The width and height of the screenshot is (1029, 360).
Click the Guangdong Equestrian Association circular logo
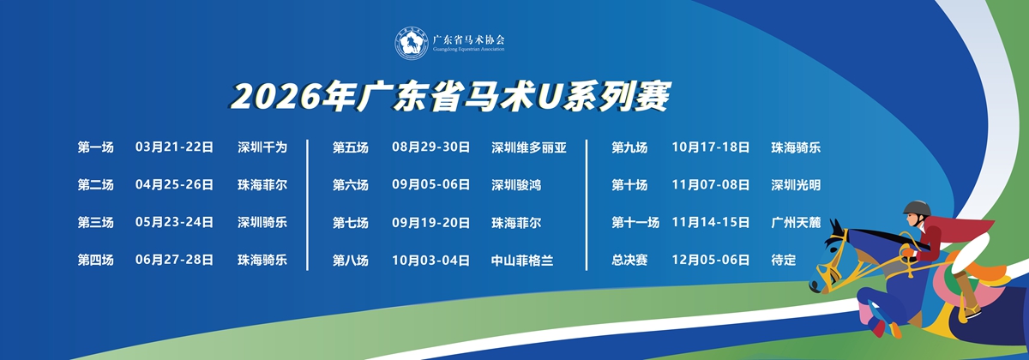[412, 43]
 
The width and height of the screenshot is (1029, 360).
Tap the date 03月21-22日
[174, 147]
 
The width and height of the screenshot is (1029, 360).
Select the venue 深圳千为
[262, 147]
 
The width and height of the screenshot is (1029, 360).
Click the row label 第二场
[95, 184]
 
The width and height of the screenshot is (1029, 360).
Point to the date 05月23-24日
[174, 222]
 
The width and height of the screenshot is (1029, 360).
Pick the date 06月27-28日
[174, 260]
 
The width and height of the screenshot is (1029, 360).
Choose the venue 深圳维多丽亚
[529, 147]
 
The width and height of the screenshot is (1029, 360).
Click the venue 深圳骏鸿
[516, 185]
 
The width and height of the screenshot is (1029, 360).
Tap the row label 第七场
[351, 223]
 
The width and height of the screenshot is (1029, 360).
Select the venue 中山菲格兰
[522, 261]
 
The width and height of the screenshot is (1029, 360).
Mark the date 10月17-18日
[711, 147]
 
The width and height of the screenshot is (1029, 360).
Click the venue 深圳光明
[796, 185]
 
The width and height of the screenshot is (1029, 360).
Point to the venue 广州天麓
[796, 223]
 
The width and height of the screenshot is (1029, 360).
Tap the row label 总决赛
[629, 260]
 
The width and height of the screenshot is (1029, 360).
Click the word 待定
[784, 260]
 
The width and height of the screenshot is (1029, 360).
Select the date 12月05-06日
[711, 260]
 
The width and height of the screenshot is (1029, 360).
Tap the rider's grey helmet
[917, 208]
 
